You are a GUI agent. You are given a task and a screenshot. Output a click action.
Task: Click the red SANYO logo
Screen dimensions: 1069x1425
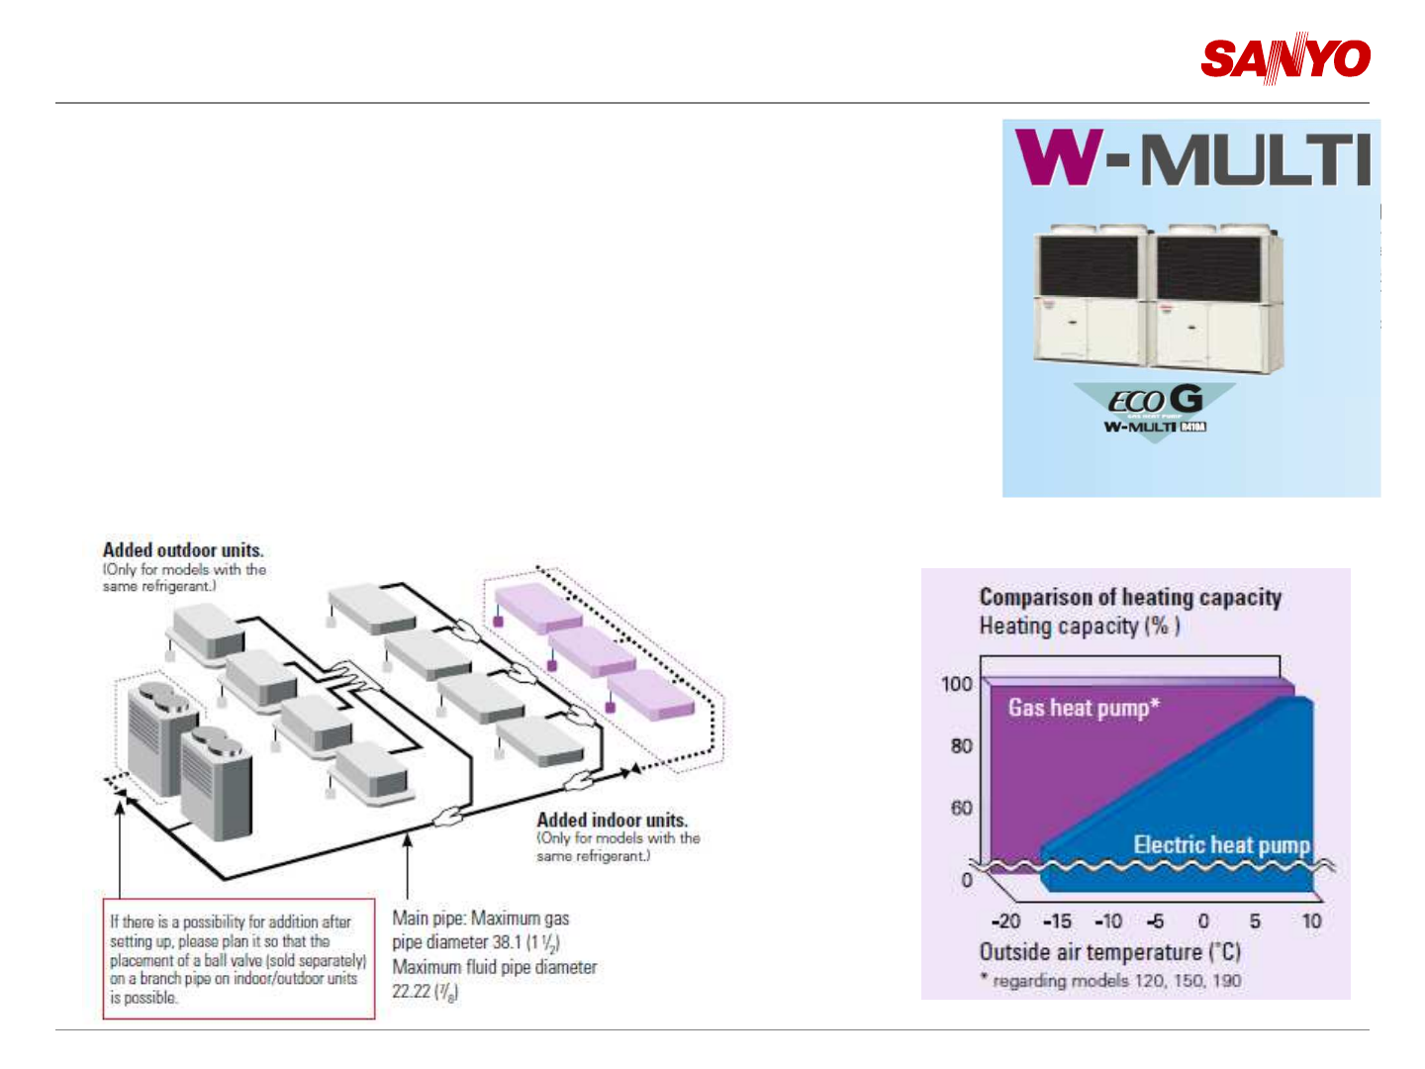point(1285,58)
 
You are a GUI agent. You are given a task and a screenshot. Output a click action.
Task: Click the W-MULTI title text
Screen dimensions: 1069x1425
point(1192,159)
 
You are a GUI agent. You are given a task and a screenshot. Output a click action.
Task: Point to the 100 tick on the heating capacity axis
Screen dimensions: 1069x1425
point(957,684)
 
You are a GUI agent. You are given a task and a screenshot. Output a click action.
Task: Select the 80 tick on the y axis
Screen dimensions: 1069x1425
point(961,746)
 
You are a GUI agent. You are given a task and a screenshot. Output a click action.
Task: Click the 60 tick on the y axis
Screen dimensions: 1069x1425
point(961,809)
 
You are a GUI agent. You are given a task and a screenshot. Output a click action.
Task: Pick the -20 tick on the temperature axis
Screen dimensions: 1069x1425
point(1005,922)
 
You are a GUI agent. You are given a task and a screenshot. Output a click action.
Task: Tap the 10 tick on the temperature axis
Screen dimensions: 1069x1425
point(1311,922)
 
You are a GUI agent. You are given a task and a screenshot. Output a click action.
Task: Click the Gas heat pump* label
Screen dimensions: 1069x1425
point(1084,708)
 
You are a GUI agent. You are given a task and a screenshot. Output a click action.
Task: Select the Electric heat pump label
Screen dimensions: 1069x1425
point(1222,845)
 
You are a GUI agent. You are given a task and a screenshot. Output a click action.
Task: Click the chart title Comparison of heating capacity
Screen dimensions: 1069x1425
point(1130,597)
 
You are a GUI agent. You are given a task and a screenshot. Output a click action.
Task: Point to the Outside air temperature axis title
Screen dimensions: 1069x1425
point(1109,952)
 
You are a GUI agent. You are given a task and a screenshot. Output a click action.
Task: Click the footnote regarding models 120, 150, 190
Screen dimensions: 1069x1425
point(1116,981)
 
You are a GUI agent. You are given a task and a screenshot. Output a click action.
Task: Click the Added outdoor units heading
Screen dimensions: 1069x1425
point(183,550)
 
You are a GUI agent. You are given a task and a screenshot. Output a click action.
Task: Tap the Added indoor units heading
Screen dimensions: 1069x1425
point(612,821)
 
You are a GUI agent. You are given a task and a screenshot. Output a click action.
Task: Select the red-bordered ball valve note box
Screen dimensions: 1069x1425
point(239,958)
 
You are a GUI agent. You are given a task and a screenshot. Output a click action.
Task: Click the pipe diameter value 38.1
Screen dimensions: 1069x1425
point(506,942)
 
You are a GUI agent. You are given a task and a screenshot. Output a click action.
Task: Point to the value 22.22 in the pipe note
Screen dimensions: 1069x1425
point(412,991)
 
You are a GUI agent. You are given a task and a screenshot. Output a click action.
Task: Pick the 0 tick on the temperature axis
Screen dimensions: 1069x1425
point(1203,922)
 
